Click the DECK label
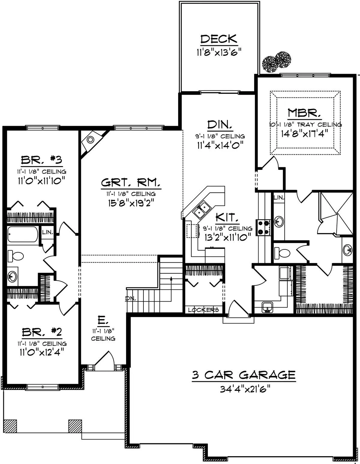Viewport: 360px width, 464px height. pos(219,39)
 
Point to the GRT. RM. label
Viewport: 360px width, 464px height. pos(131,183)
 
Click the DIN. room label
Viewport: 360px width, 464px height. pos(220,125)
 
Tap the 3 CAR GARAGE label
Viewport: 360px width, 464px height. pos(244,375)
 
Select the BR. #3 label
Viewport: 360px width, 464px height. pos(42,160)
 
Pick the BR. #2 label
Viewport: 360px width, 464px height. pos(42,332)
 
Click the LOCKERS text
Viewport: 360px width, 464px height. pos(203,310)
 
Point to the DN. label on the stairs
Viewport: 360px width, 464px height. pos(130,299)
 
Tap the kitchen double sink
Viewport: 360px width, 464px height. pos(202,210)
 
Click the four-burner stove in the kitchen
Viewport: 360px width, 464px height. pos(264,228)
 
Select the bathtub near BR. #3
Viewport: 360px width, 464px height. pos(23,234)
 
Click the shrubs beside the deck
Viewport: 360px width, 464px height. pos(277,62)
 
